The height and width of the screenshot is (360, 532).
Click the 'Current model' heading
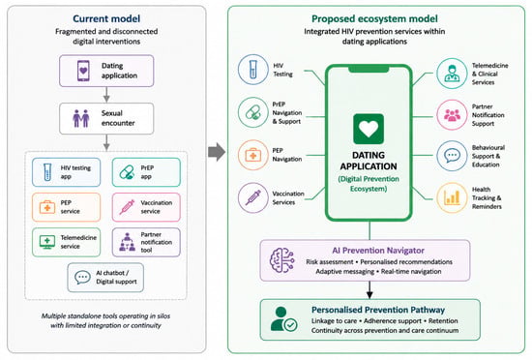(106, 18)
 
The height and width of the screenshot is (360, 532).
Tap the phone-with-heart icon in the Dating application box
(83, 71)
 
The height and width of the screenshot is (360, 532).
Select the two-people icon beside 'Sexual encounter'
(81, 119)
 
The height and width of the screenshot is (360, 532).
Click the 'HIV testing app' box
(66, 172)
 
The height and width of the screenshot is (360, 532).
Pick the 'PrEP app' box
(146, 172)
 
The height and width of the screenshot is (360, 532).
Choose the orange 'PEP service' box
(66, 207)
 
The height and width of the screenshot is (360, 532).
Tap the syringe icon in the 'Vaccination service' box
(127, 207)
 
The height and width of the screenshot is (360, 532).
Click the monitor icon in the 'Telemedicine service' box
(47, 242)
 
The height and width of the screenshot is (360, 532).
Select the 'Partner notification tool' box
(146, 242)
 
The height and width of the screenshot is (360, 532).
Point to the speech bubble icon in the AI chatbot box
(82, 277)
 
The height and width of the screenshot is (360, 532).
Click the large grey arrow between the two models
(217, 152)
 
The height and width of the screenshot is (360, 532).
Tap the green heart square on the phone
(369, 129)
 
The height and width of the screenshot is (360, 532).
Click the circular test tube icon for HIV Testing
(253, 70)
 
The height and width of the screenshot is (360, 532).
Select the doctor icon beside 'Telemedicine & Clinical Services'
(452, 74)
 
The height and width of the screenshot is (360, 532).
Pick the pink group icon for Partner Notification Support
(452, 115)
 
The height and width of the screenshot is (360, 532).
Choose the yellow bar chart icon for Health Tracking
(452, 197)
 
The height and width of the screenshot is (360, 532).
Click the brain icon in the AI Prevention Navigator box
(281, 260)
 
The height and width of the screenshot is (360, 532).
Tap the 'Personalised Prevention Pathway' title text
(378, 310)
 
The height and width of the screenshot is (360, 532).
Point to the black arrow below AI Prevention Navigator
(369, 290)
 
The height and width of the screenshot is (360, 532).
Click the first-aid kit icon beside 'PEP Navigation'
(253, 155)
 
